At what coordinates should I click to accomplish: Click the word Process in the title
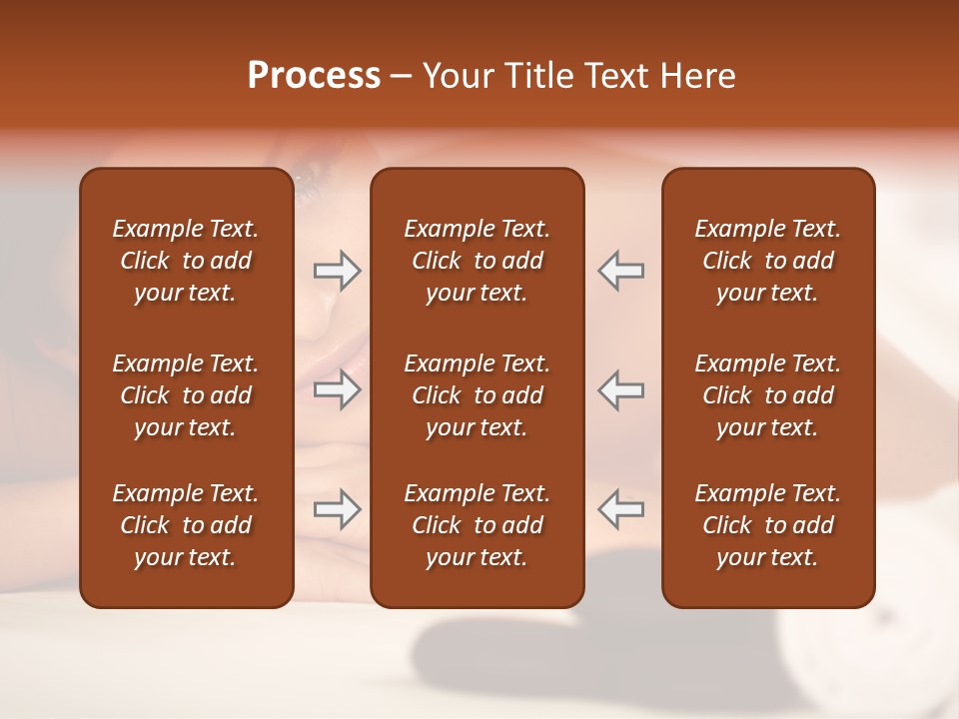(x=314, y=76)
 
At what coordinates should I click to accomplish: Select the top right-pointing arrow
(x=337, y=271)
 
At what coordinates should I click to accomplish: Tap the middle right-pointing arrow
(x=337, y=389)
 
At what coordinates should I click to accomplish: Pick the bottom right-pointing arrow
(x=337, y=509)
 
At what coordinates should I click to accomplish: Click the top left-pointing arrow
(x=620, y=271)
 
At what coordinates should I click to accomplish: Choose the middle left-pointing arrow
(x=620, y=389)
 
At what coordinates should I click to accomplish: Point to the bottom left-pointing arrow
(x=620, y=509)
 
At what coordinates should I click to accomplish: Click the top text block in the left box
(x=186, y=261)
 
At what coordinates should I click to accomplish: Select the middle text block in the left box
(x=186, y=395)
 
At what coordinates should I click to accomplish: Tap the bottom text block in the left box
(x=186, y=525)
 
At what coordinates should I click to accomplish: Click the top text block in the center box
(x=477, y=261)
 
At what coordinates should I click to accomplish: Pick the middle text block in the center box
(x=477, y=395)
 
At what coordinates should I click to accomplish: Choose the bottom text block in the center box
(x=477, y=525)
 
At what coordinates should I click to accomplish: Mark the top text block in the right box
(x=768, y=261)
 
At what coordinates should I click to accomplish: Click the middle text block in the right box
(x=768, y=395)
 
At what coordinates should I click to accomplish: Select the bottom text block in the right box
(x=768, y=525)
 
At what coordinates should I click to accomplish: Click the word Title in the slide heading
(x=540, y=76)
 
